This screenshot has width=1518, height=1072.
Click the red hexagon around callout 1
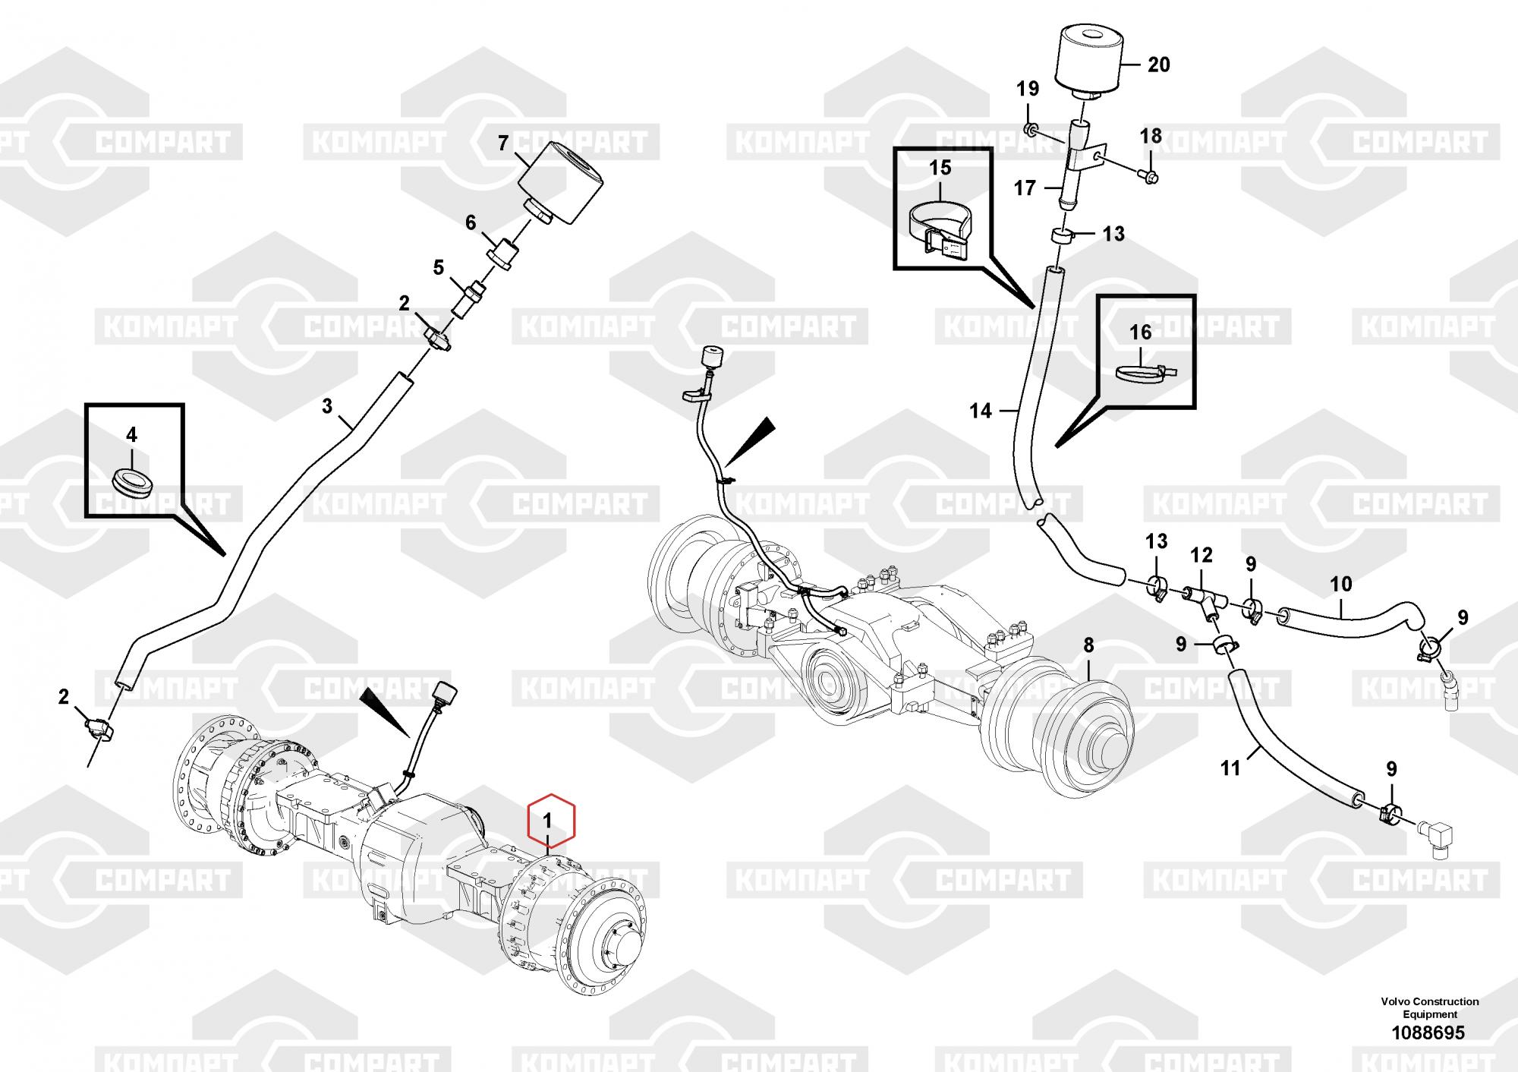pyautogui.click(x=552, y=820)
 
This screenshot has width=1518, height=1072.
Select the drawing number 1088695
pyautogui.click(x=1429, y=1033)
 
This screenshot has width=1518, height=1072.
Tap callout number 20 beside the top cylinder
pyautogui.click(x=1158, y=65)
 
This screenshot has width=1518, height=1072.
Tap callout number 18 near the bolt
pyautogui.click(x=1151, y=137)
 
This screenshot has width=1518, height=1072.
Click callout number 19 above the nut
pyautogui.click(x=1028, y=89)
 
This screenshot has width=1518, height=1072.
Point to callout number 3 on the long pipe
pyautogui.click(x=327, y=406)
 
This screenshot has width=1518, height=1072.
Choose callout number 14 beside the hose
pyautogui.click(x=981, y=411)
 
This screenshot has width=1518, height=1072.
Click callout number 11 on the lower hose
pyautogui.click(x=1230, y=768)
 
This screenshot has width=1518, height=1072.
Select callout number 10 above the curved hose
pyautogui.click(x=1341, y=584)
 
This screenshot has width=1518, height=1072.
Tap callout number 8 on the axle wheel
pyautogui.click(x=1088, y=645)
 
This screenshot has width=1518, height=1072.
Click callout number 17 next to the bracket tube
pyautogui.click(x=1025, y=187)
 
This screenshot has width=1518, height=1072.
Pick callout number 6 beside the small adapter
pyautogui.click(x=471, y=222)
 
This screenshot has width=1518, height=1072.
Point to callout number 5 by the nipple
pyautogui.click(x=438, y=267)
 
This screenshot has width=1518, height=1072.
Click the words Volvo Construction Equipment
pyautogui.click(x=1429, y=1008)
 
